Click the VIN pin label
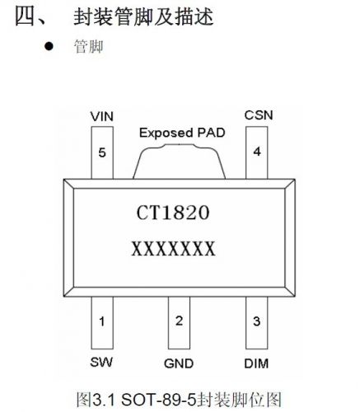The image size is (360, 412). point(102,116)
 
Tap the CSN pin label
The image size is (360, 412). point(259,115)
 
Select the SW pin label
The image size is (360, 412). point(101,362)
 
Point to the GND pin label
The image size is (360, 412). point(179,363)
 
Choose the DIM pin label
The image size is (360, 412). point(256,363)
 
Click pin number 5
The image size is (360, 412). point(102,152)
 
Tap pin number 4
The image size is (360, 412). point(257,152)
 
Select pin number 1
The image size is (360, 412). point(102,321)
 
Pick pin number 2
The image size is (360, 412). point(179,321)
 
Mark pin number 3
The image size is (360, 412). point(256,321)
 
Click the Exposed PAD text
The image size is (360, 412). point(182,133)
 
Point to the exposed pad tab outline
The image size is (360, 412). point(180,145)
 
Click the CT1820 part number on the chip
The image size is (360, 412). point(173,213)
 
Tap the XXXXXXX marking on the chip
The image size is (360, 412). point(173,249)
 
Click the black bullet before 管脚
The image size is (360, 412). point(49,46)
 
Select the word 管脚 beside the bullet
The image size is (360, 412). point(89,46)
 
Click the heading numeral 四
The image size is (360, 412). point(26,16)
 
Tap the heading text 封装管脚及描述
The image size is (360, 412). point(143,16)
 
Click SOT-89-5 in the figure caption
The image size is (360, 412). point(159,400)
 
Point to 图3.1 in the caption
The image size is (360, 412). point(96,400)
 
